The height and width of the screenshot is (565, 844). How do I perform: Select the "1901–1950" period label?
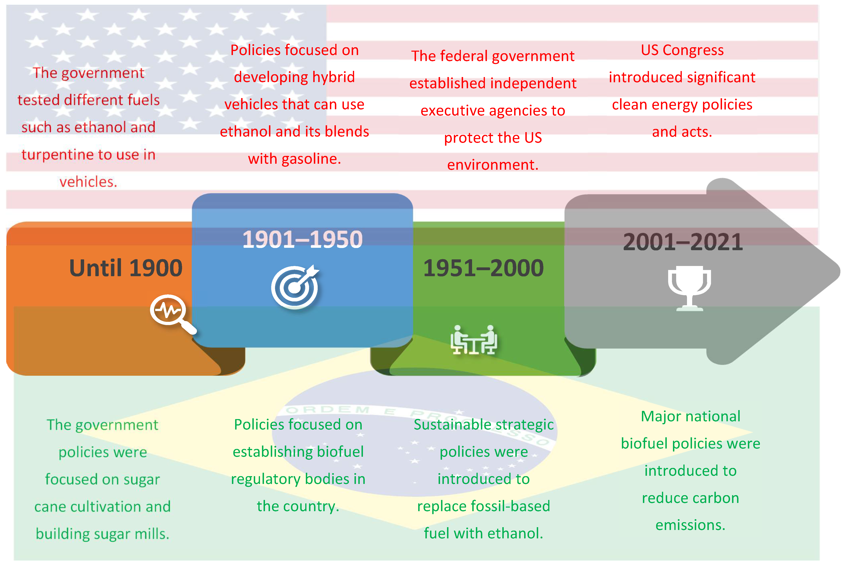click(x=302, y=239)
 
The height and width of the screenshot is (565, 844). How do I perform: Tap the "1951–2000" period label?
click(x=483, y=268)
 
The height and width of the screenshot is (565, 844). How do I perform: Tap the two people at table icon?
click(x=473, y=340)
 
